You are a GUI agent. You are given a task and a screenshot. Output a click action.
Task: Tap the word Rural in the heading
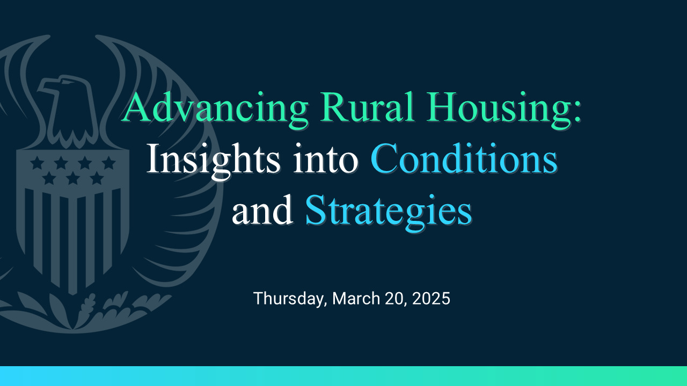[367, 107]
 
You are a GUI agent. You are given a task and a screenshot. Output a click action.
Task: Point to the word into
[326, 160]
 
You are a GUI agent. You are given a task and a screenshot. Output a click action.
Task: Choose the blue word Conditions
[464, 158]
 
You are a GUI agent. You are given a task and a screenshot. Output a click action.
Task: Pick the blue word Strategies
[389, 213]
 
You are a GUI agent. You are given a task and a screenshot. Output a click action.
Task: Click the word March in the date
[356, 299]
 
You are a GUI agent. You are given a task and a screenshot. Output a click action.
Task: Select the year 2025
[431, 299]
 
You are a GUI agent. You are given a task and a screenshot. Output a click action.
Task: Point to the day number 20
[394, 299]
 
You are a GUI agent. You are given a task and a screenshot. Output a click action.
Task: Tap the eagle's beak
[46, 87]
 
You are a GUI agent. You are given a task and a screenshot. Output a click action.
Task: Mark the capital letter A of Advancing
[134, 107]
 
